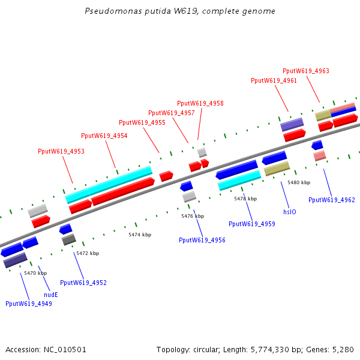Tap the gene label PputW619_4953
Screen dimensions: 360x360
point(61,151)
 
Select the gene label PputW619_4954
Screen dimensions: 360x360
point(104,136)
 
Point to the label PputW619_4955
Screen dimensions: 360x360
point(142,122)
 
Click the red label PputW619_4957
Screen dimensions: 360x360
point(172,113)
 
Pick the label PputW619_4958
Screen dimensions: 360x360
point(200,103)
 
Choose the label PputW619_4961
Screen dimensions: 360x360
point(274,80)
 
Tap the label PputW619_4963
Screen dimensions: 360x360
point(306,71)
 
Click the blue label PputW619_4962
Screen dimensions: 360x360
point(332,200)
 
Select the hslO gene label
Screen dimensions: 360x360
point(290,212)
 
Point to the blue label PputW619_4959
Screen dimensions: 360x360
point(252,224)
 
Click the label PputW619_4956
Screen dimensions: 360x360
point(202,240)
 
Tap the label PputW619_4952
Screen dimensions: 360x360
point(83,283)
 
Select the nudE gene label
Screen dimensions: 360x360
point(51,295)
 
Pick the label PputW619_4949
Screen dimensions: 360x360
point(29,304)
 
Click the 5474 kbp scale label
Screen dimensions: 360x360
point(140,235)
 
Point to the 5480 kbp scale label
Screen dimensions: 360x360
point(299,182)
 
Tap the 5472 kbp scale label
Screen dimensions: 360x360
point(88,253)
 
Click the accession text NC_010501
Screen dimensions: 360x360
point(65,350)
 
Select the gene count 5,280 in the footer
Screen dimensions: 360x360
point(343,350)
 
